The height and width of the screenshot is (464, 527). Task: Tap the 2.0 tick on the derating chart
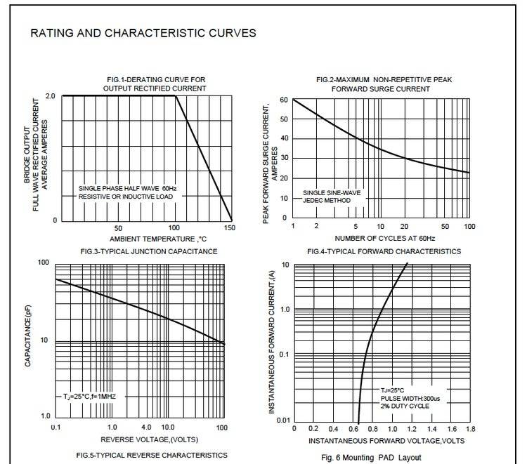click(x=50, y=95)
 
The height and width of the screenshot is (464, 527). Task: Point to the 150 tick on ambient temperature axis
click(x=230, y=228)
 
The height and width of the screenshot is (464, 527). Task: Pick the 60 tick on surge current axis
click(x=284, y=100)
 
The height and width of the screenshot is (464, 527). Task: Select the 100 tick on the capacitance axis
click(x=42, y=263)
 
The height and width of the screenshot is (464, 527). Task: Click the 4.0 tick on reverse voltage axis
click(x=146, y=427)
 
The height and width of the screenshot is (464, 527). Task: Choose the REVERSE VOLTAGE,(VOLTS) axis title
click(x=141, y=439)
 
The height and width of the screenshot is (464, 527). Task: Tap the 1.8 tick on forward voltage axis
click(x=470, y=427)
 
